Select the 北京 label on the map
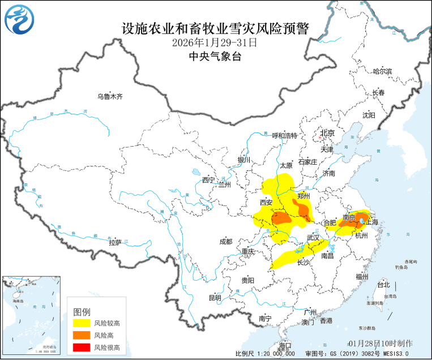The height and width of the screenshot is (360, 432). click(327, 134)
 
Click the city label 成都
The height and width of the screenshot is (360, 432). click(225, 242)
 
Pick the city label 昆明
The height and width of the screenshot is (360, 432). click(215, 298)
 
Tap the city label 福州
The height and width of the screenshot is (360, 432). click(362, 277)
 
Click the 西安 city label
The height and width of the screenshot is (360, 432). click(266, 203)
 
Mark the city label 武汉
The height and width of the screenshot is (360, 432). click(313, 237)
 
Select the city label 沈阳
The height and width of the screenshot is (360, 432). click(369, 115)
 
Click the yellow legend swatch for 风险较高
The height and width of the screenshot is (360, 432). click(81, 323)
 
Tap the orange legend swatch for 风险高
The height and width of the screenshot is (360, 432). click(81, 335)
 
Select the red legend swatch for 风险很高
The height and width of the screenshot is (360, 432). click(81, 347)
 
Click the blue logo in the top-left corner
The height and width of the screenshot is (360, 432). click(19, 19)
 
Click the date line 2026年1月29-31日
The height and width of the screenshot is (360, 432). click(215, 42)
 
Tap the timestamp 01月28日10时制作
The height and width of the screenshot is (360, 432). click(380, 344)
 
